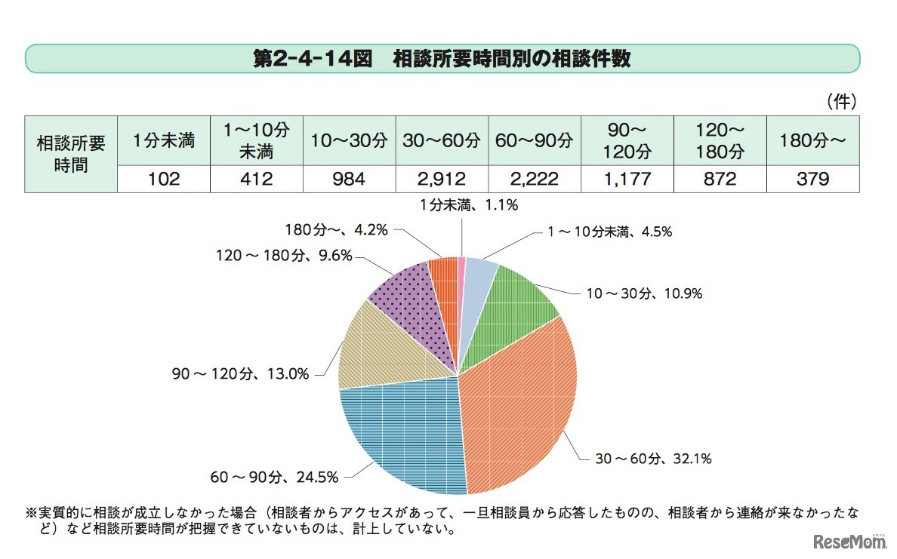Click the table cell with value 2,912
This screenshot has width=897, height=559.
[x=442, y=180]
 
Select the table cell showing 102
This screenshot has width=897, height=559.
[x=164, y=180]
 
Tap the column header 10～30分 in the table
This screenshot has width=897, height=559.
[x=350, y=140]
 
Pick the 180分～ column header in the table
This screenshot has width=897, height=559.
[x=813, y=140]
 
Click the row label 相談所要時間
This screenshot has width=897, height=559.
[x=72, y=154]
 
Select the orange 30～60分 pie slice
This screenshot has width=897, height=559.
[x=521, y=400]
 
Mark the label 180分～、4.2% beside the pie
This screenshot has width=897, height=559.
[x=337, y=229]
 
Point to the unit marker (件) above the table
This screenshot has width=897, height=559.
[x=840, y=101]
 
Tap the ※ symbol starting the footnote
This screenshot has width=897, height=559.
[x=31, y=514]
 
